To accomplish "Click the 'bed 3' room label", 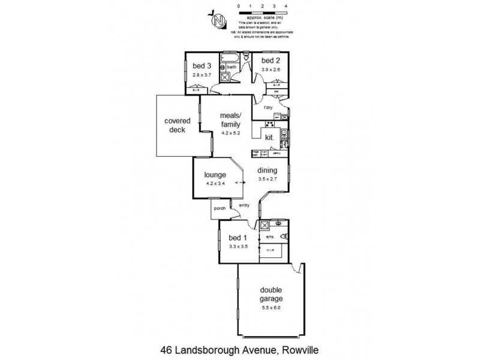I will click(202, 65).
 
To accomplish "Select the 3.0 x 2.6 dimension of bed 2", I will click(270, 70).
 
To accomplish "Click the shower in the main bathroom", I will click(227, 76).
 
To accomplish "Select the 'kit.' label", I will click(269, 137).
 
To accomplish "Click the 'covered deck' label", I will click(177, 125).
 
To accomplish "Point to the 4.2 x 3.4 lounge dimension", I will click(215, 183).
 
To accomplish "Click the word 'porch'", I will click(219, 209).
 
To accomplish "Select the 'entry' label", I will click(244, 206).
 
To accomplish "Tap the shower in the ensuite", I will click(264, 225).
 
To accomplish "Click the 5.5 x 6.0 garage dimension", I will click(271, 308).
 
